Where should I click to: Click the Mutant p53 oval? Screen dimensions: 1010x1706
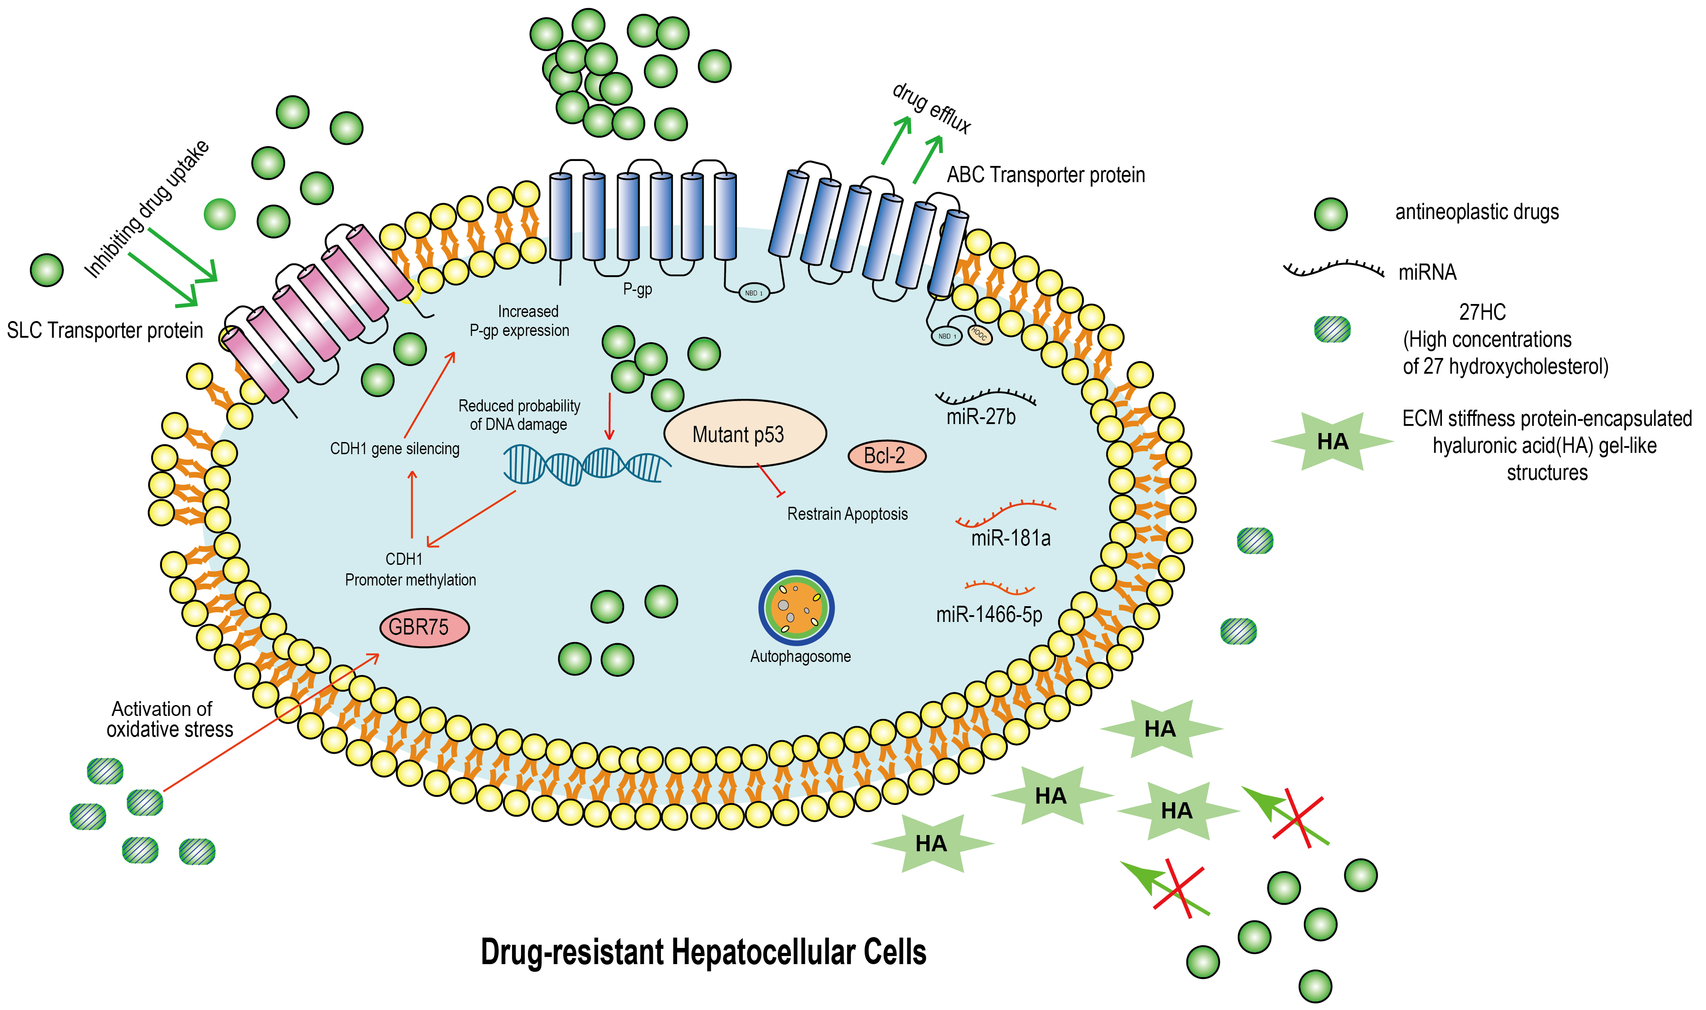[744, 433]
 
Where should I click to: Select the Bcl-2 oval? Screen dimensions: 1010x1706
[886, 456]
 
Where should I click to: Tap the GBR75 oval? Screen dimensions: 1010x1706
[424, 627]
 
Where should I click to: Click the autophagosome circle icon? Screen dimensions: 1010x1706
[796, 607]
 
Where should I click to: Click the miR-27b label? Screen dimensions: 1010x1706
[980, 416]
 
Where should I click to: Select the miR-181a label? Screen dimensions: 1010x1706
[1010, 538]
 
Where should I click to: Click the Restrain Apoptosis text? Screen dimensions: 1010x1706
[847, 514]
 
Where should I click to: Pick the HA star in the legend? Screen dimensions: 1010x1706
[1332, 442]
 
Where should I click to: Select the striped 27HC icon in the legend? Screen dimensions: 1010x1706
[1332, 330]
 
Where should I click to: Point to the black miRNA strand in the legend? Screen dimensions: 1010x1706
[1332, 270]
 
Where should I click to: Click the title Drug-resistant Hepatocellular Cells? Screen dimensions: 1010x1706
[703, 952]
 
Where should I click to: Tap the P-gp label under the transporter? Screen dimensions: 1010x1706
[637, 289]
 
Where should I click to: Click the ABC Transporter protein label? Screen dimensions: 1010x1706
[1045, 175]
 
